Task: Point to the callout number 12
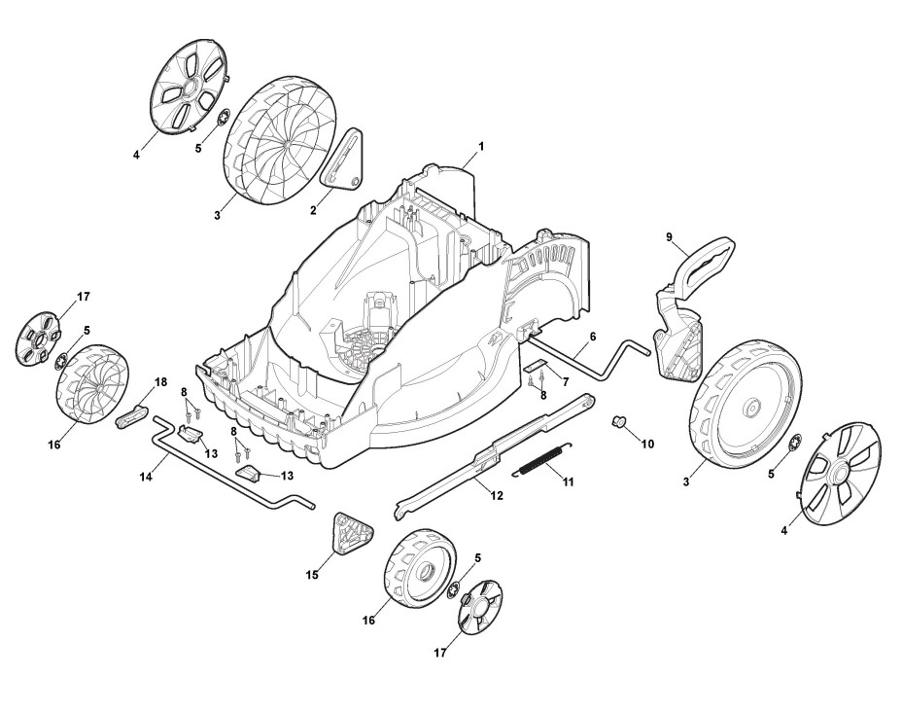click(x=496, y=496)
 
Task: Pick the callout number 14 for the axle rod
click(x=146, y=478)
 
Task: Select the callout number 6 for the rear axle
click(x=592, y=337)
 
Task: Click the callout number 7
click(x=565, y=383)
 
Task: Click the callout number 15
click(x=312, y=576)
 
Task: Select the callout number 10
click(x=648, y=444)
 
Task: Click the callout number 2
click(x=314, y=210)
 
